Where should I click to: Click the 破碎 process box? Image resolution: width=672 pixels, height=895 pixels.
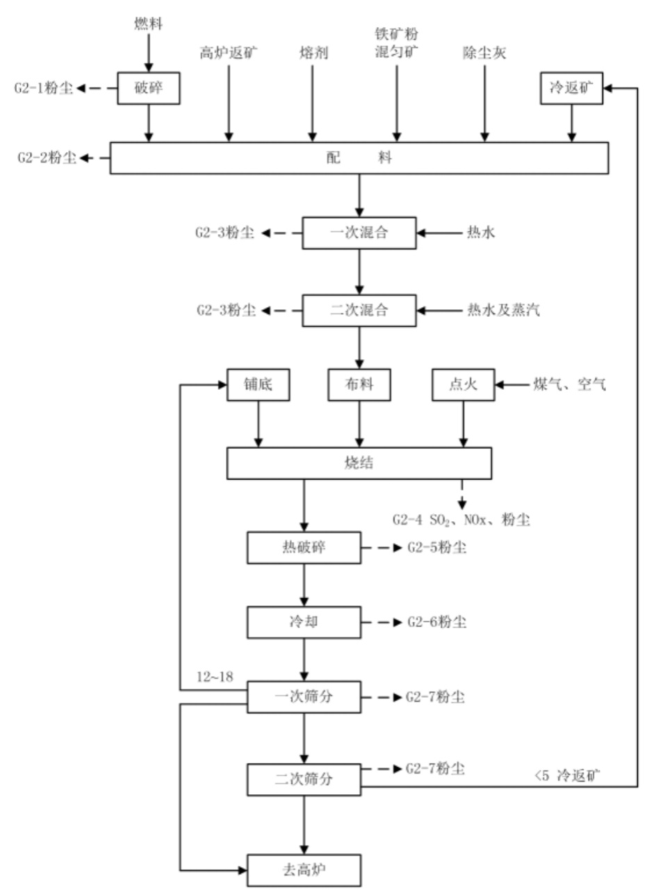pyautogui.click(x=148, y=88)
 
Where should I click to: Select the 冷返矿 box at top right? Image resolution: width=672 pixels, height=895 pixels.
pyautogui.click(x=572, y=88)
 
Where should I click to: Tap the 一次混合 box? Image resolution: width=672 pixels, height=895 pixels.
pyautogui.click(x=359, y=233)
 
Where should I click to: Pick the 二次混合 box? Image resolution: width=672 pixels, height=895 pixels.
pyautogui.click(x=359, y=311)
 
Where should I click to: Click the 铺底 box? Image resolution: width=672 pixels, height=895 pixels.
pyautogui.click(x=258, y=384)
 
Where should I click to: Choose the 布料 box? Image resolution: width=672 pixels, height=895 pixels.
pyautogui.click(x=359, y=384)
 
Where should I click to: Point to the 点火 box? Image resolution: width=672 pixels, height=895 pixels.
pyautogui.click(x=463, y=384)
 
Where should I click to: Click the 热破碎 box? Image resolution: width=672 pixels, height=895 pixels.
pyautogui.click(x=304, y=548)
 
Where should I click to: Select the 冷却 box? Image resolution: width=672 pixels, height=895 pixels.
pyautogui.click(x=304, y=622)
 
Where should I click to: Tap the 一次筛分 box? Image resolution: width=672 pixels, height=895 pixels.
pyautogui.click(x=304, y=697)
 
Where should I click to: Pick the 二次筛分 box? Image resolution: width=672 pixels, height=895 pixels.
pyautogui.click(x=304, y=779)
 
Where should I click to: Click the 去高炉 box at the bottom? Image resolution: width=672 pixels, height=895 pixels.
pyautogui.click(x=304, y=870)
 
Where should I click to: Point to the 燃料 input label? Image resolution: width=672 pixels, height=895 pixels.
pyautogui.click(x=148, y=24)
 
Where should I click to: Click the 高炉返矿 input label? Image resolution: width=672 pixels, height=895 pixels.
pyautogui.click(x=228, y=53)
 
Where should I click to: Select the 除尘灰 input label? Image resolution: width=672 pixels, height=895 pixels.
pyautogui.click(x=484, y=53)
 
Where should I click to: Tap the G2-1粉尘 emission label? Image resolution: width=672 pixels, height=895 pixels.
pyautogui.click(x=44, y=88)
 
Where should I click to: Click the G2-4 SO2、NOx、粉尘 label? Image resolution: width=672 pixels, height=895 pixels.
pyautogui.click(x=461, y=520)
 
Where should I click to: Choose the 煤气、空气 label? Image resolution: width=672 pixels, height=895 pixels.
pyautogui.click(x=569, y=384)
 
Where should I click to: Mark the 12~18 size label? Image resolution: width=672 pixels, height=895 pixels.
pyautogui.click(x=215, y=677)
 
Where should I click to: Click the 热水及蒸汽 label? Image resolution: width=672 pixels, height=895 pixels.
pyautogui.click(x=503, y=311)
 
